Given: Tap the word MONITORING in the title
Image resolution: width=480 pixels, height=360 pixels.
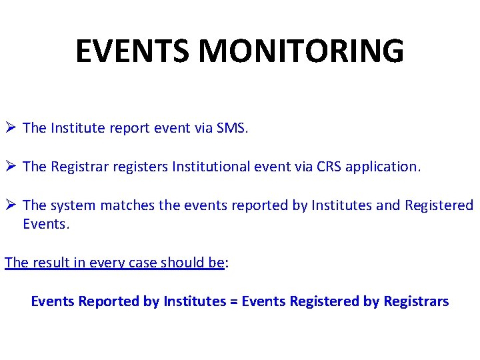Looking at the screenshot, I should [x=301, y=51].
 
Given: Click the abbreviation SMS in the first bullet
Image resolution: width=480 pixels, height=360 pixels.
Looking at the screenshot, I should [x=231, y=128].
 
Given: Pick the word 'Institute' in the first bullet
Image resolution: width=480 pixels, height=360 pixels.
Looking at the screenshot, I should [x=77, y=128].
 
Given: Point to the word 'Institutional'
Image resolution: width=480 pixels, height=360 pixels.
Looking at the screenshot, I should [x=211, y=167].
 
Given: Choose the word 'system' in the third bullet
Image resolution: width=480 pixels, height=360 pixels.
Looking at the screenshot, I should [x=73, y=205].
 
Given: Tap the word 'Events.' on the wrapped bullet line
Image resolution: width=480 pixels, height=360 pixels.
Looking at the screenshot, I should [x=46, y=224].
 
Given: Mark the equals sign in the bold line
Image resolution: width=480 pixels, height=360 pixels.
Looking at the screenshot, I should [x=233, y=301].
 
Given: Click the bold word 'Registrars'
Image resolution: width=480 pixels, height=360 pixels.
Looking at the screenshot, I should [x=416, y=301].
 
